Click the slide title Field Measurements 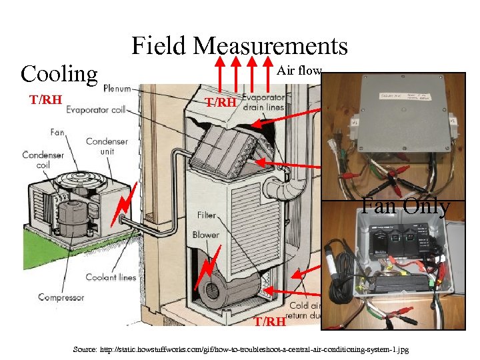(x=239, y=46)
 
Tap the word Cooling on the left (x=59, y=73)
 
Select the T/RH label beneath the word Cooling (x=45, y=100)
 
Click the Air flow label (x=299, y=70)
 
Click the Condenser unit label (x=106, y=146)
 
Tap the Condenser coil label (x=43, y=161)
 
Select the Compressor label (x=61, y=297)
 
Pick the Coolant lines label (x=110, y=277)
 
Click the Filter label (x=206, y=215)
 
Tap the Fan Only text (x=405, y=206)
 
